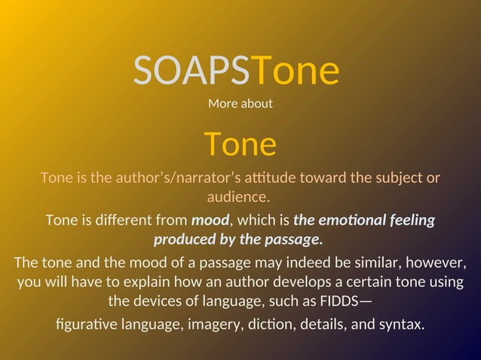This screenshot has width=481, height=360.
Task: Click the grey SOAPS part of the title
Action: click(x=191, y=71)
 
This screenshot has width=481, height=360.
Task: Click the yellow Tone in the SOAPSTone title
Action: click(x=295, y=71)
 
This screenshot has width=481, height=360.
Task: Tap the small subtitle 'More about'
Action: click(x=240, y=103)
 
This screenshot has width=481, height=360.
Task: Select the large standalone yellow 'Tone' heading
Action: click(x=240, y=143)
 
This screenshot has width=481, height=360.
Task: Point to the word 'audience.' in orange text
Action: click(x=238, y=197)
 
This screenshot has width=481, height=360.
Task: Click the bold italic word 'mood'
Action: click(x=210, y=221)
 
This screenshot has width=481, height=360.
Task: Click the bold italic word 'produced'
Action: click(x=182, y=240)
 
